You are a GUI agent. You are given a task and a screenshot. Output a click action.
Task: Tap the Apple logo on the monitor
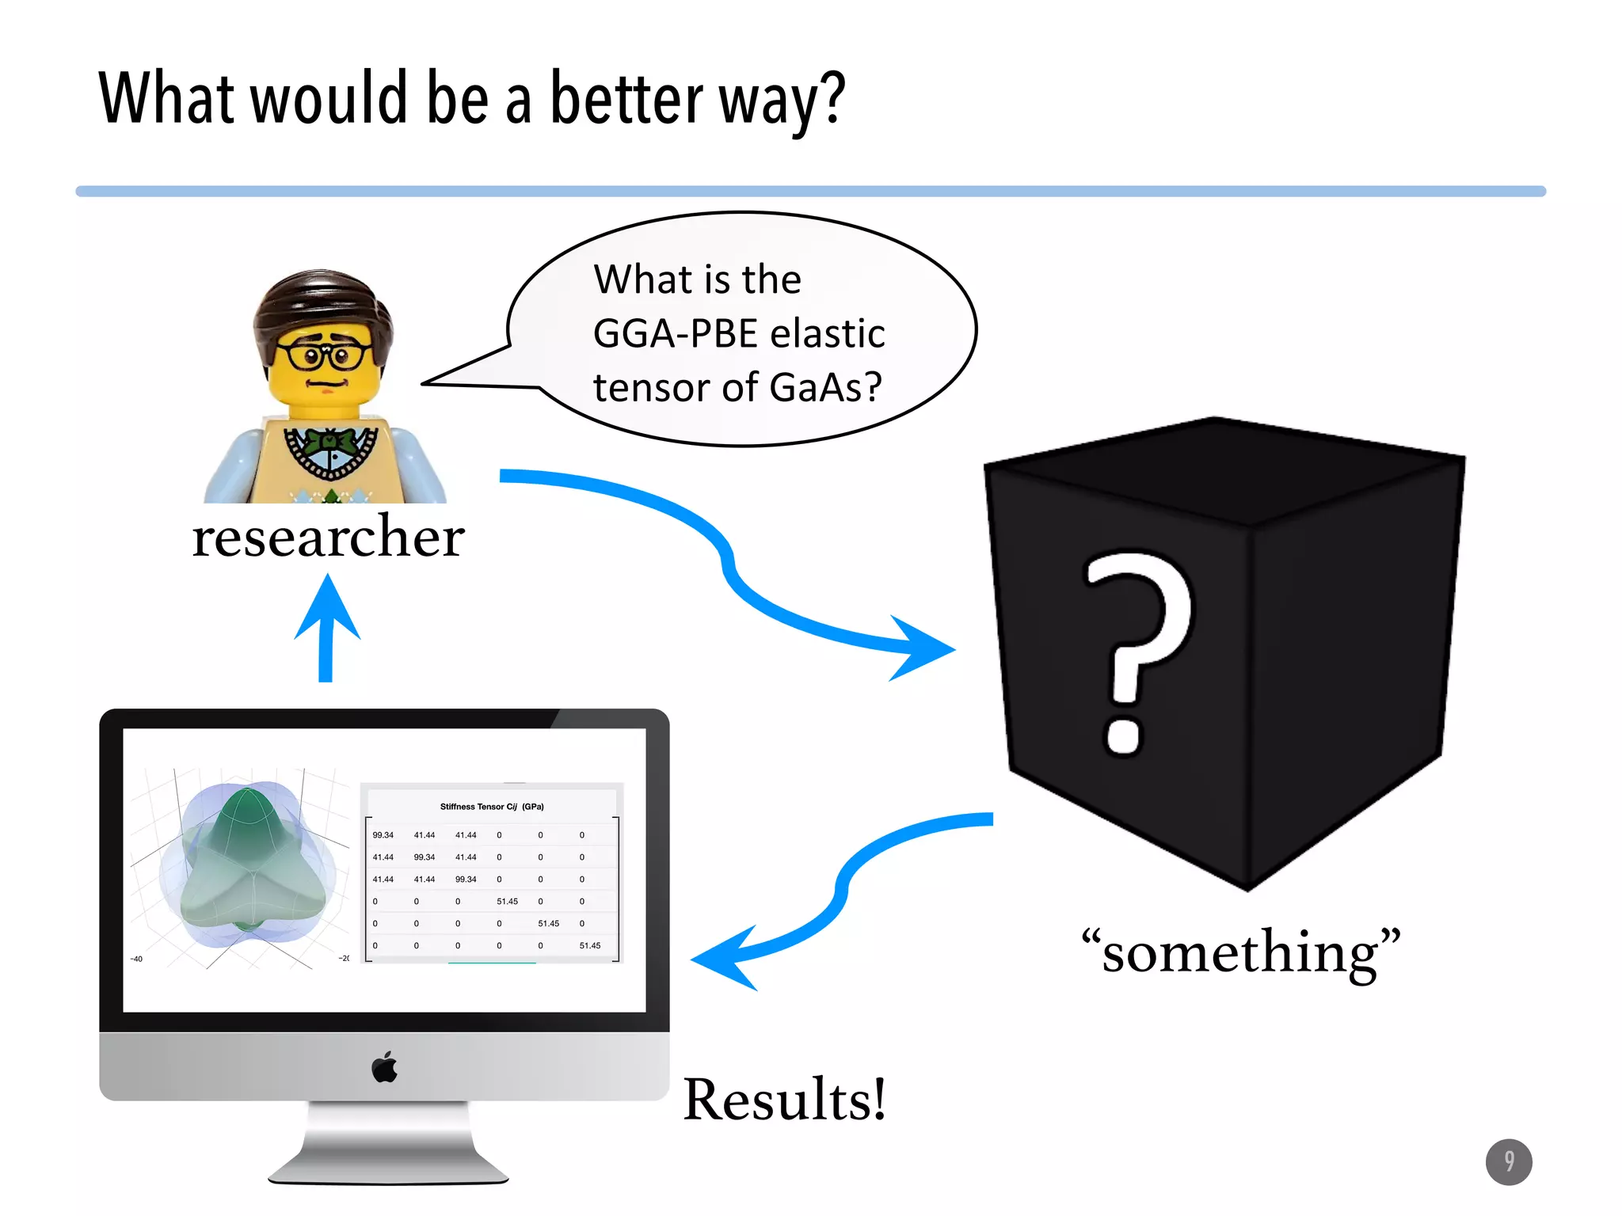(385, 1067)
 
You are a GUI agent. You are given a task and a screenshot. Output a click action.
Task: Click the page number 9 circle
(1509, 1161)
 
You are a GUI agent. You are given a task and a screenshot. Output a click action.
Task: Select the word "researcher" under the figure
(328, 538)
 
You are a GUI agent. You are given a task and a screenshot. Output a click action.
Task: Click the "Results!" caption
(784, 1100)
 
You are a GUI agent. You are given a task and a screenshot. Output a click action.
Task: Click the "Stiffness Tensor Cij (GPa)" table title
(492, 807)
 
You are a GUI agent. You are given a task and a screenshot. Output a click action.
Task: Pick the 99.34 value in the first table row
(383, 835)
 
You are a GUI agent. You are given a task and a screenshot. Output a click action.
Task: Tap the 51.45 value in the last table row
(590, 946)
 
